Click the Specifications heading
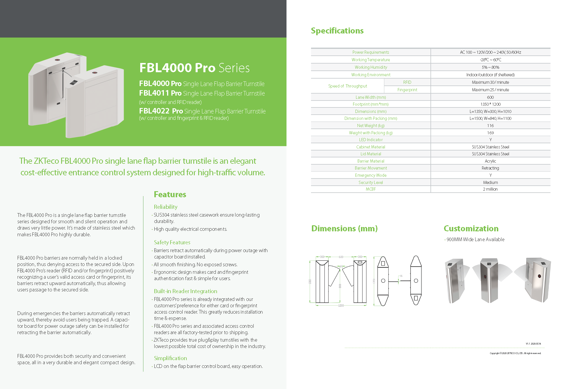tap(337, 31)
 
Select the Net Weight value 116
tap(490, 126)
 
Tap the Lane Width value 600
tap(490, 97)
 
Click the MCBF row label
tap(371, 189)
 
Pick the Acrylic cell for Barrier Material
tap(490, 161)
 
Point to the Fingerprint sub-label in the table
tap(407, 90)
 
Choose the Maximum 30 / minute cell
tap(490, 82)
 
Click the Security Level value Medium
tap(490, 183)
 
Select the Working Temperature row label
tap(370, 60)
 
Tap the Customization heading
tap(471, 228)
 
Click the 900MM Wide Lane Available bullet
tap(475, 239)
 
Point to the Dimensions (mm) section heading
tap(344, 228)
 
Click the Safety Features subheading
tap(172, 242)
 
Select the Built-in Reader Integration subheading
tap(185, 291)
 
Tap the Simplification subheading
tap(170, 358)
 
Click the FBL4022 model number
tap(154, 111)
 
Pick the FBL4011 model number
tap(154, 93)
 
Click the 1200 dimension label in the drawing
tap(341, 306)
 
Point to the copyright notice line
tap(515, 353)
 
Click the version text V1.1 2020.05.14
tap(533, 344)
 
